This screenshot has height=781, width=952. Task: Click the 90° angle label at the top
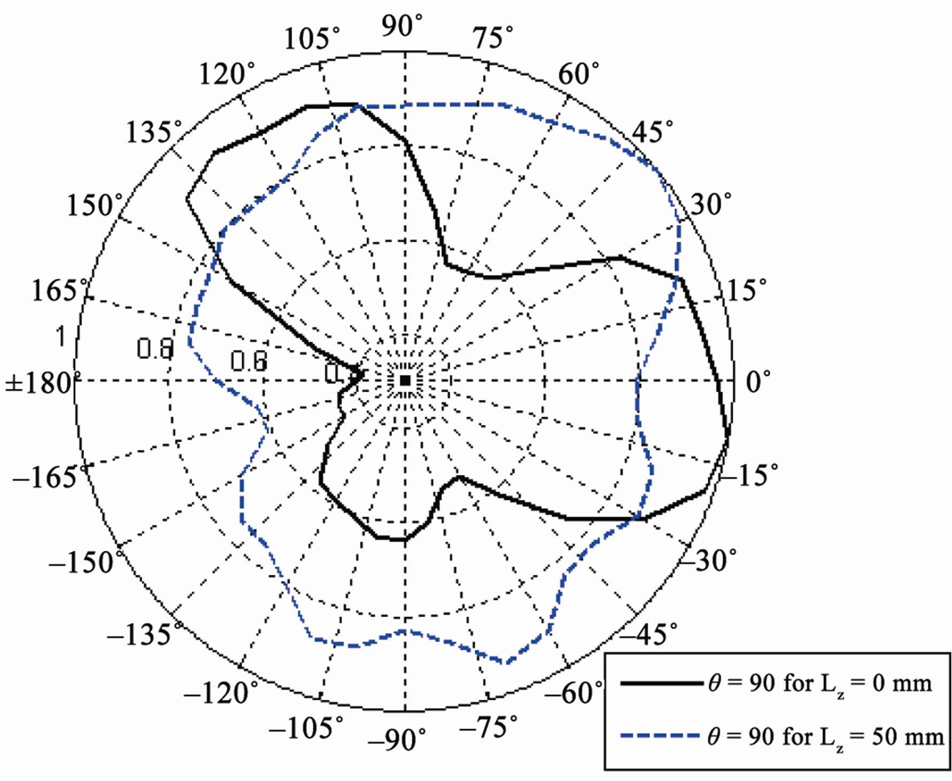(401, 26)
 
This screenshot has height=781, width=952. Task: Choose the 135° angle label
(153, 132)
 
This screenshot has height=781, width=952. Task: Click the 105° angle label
(312, 39)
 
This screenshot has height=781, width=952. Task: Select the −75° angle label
(488, 727)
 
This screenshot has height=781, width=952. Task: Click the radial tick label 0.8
(155, 349)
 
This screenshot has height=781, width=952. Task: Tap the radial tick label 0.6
(249, 361)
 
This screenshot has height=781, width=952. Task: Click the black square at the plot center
(405, 380)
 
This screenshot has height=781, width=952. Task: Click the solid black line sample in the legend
(661, 683)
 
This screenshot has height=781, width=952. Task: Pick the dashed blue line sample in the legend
(661, 736)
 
